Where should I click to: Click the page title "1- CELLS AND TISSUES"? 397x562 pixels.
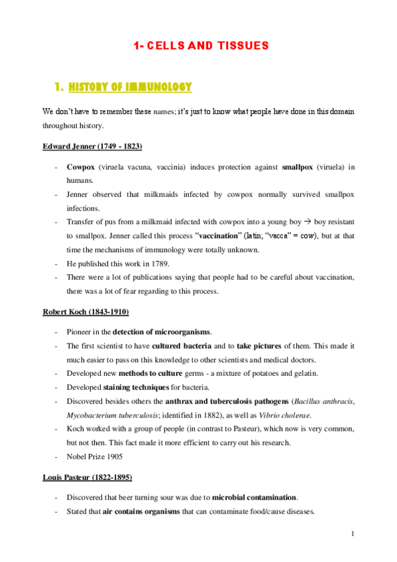[x=201, y=46]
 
